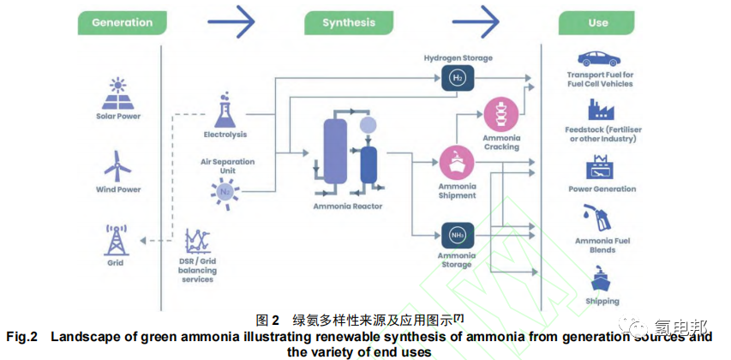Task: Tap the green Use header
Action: tap(598, 23)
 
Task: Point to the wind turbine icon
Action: tap(117, 165)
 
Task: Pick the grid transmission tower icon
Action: tap(115, 240)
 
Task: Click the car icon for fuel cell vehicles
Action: tap(599, 59)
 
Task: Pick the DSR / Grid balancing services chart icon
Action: tap(199, 241)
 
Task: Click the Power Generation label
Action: tap(602, 189)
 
